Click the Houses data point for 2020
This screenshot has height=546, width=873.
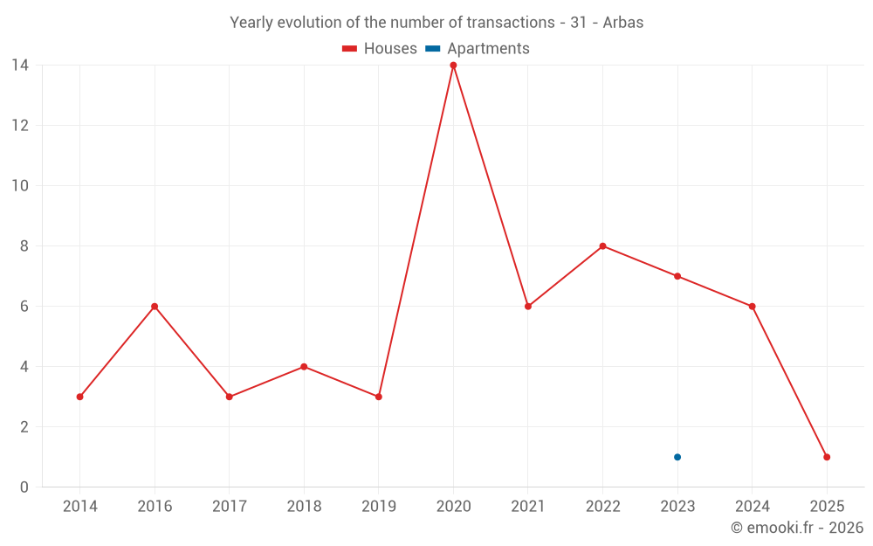[453, 66]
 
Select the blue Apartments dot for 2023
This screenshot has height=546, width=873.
[677, 457]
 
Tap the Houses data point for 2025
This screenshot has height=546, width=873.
[827, 457]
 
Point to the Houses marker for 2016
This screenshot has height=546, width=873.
[155, 307]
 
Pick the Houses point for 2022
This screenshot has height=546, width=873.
[602, 246]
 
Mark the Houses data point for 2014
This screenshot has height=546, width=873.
[79, 397]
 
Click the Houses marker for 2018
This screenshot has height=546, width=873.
[304, 367]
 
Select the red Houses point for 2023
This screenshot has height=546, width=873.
[677, 276]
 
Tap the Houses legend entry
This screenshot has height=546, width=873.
[380, 49]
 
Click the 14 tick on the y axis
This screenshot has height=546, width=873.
[20, 66]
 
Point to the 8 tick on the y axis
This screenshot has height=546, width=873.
[24, 246]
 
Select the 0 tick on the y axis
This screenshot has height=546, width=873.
[24, 487]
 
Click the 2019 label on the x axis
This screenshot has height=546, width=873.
[378, 507]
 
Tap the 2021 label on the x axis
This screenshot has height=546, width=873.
[527, 507]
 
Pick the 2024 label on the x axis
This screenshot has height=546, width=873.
[752, 507]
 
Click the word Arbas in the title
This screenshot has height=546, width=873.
[623, 23]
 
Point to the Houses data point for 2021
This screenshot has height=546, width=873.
[528, 307]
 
